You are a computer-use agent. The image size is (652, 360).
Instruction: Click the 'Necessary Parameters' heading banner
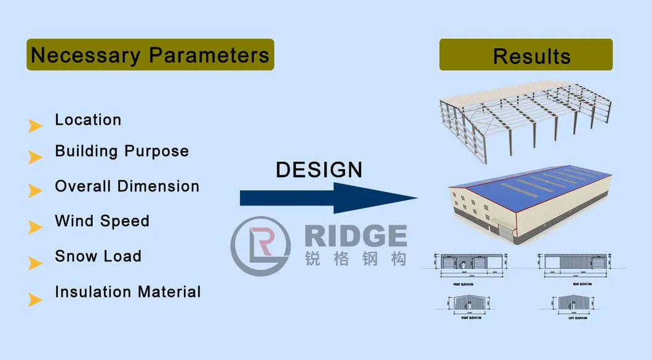pyautogui.click(x=150, y=55)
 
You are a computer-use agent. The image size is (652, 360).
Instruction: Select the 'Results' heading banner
pyautogui.click(x=526, y=55)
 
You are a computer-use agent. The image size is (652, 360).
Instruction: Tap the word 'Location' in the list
pyautogui.click(x=88, y=119)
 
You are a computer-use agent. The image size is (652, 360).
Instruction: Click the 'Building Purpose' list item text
pyautogui.click(x=122, y=151)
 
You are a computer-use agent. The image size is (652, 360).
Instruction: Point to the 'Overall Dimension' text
pyautogui.click(x=127, y=186)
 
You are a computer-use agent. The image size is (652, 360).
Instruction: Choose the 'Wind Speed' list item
pyautogui.click(x=102, y=221)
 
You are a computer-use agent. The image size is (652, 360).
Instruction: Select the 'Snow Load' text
pyautogui.click(x=98, y=256)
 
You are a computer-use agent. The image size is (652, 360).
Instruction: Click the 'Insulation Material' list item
pyautogui.click(x=128, y=292)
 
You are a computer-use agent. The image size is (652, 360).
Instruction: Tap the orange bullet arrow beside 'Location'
pyautogui.click(x=35, y=126)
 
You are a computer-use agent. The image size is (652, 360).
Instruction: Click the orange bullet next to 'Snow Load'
pyautogui.click(x=35, y=263)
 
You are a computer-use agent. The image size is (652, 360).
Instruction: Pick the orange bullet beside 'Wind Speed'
pyautogui.click(x=35, y=228)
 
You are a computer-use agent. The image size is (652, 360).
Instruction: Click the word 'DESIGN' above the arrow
pyautogui.click(x=319, y=170)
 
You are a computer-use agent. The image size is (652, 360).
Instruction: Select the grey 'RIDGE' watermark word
pyautogui.click(x=355, y=236)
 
